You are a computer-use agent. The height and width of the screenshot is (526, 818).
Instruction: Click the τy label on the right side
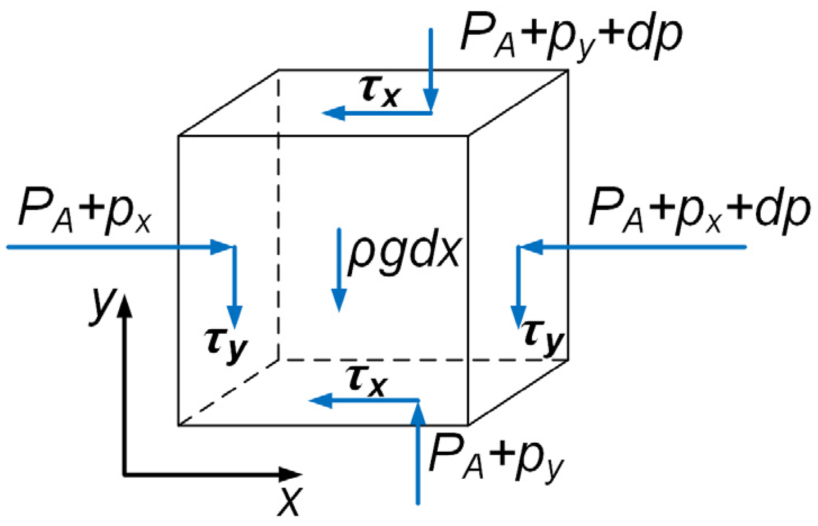coord(543,336)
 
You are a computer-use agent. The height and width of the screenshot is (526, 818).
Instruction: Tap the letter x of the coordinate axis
coord(289,500)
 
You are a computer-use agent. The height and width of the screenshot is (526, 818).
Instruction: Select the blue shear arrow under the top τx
coord(377,114)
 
